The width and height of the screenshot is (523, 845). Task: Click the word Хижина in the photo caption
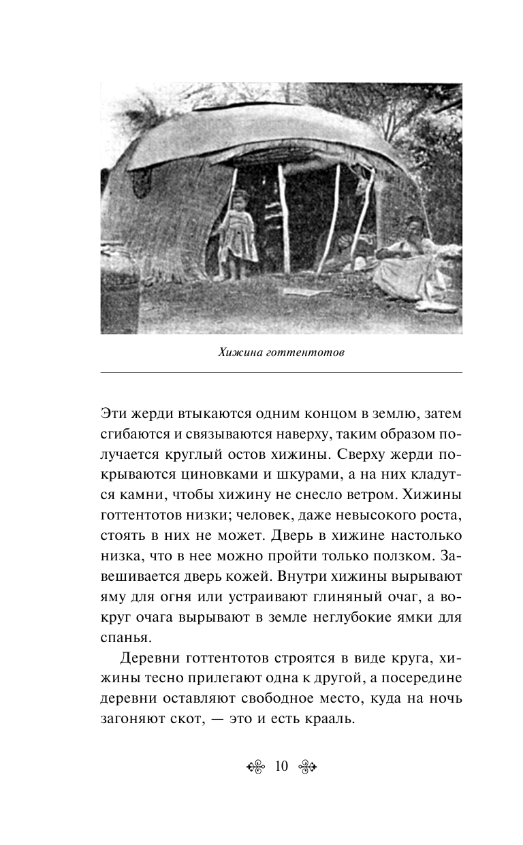[239, 353]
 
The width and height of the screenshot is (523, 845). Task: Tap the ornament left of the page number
[255, 767]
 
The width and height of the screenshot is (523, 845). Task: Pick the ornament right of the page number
[307, 767]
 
